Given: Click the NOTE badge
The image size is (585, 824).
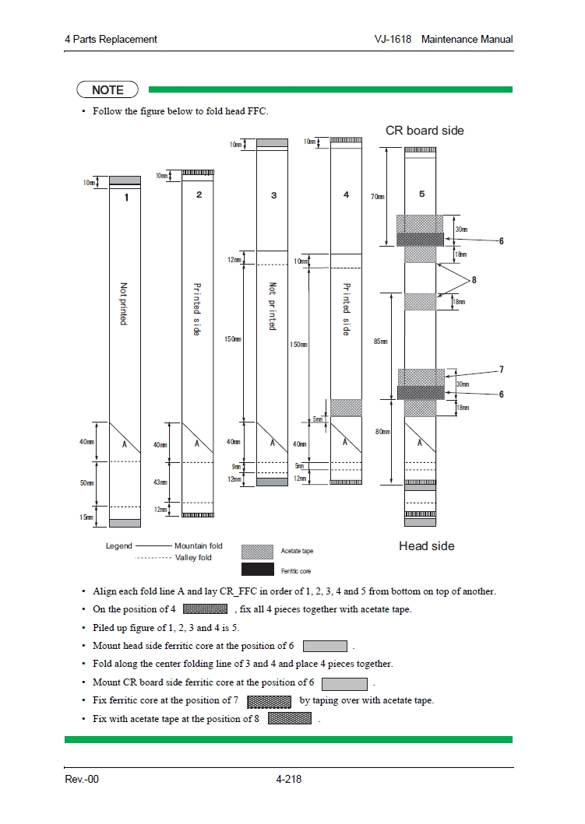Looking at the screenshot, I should pyautogui.click(x=107, y=90).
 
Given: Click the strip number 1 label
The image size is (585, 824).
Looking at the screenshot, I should pyautogui.click(x=126, y=198).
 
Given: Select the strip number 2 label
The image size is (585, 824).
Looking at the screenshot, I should pyautogui.click(x=199, y=195).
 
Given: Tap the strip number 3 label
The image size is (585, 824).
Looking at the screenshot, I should pyautogui.click(x=273, y=195).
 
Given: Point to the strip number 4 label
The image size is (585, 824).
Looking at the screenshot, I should pyautogui.click(x=347, y=195).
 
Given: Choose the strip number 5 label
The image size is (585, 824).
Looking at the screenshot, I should pyautogui.click(x=421, y=194).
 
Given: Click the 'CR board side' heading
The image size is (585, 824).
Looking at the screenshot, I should pyautogui.click(x=425, y=131).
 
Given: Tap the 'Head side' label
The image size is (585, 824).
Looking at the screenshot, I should pyautogui.click(x=426, y=546).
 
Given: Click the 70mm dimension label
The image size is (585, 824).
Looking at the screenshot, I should pyautogui.click(x=377, y=197).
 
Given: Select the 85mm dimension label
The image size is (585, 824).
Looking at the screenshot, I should pyautogui.click(x=380, y=342).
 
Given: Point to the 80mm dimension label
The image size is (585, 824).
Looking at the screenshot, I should pyautogui.click(x=382, y=432).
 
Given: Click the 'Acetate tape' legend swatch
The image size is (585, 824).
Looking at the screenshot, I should pyautogui.click(x=257, y=552).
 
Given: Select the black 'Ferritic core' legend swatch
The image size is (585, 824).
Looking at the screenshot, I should pyautogui.click(x=257, y=570).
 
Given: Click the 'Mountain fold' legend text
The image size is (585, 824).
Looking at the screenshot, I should pyautogui.click(x=198, y=546).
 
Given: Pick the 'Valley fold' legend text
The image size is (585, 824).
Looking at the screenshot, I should pyautogui.click(x=192, y=558).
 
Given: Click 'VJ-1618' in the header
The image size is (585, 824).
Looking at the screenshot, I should pyautogui.click(x=393, y=40).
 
